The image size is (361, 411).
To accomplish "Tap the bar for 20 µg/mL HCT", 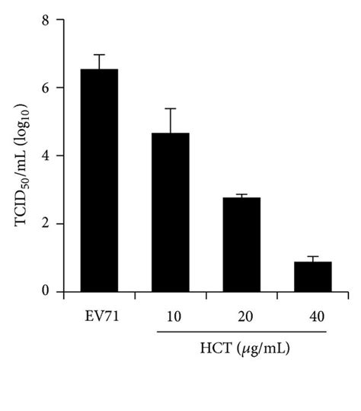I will [x=241, y=244].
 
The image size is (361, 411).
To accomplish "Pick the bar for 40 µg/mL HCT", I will [x=313, y=276].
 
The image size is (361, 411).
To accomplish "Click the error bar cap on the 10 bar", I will [x=171, y=109].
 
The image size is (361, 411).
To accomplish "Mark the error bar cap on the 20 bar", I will [x=241, y=194].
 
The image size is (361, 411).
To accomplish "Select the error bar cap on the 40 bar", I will [x=313, y=257].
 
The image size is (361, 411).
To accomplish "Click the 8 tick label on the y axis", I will [x=46, y=20].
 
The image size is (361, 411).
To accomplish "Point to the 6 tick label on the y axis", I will [x=46, y=88].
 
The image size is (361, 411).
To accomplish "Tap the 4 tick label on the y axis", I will [x=46, y=156].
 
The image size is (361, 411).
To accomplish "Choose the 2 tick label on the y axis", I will [x=46, y=223].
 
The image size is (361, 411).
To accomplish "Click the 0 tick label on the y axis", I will [x=46, y=291].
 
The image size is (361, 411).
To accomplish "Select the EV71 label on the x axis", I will [x=99, y=314].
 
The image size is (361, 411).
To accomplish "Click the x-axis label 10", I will [x=171, y=314].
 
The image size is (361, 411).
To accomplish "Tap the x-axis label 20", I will [x=241, y=314].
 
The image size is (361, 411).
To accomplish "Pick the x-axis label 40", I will [x=313, y=314].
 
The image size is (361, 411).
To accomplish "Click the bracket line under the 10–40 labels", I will [x=242, y=332].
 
